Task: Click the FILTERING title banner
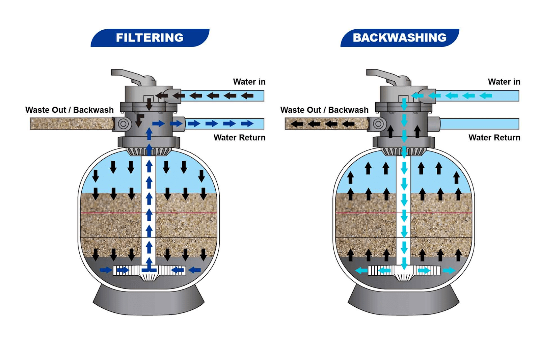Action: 150,38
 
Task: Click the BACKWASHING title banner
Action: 400,38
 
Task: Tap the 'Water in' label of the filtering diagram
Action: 249,82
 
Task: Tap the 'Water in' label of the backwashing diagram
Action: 504,82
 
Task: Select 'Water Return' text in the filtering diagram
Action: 239,138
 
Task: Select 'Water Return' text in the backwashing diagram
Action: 494,138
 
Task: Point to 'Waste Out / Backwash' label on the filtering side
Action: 69,110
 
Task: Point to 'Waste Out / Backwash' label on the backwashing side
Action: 324,110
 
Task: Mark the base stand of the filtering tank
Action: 148,302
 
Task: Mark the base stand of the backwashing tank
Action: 403,302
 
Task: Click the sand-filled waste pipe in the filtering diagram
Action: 71,124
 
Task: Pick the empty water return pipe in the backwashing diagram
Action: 479,124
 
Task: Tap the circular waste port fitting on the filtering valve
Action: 123,124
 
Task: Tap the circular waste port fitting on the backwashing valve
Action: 378,124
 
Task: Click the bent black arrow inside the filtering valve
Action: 139,120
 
